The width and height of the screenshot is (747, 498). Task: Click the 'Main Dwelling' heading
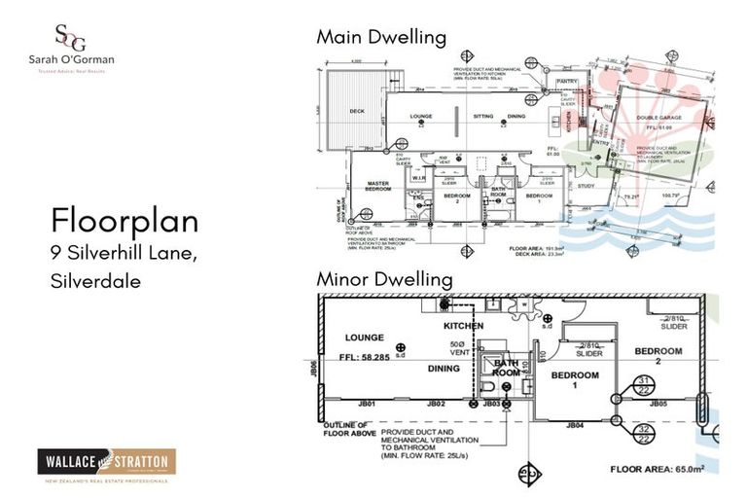click(x=380, y=38)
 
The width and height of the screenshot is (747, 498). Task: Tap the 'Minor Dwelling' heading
click(x=384, y=279)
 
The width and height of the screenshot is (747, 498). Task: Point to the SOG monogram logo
click(x=69, y=38)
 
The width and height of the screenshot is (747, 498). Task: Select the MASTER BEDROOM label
click(x=377, y=186)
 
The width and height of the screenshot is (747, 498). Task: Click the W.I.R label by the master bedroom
click(x=418, y=177)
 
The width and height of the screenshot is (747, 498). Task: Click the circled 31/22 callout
click(x=643, y=384)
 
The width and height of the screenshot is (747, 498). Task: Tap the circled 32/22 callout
click(x=643, y=433)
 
